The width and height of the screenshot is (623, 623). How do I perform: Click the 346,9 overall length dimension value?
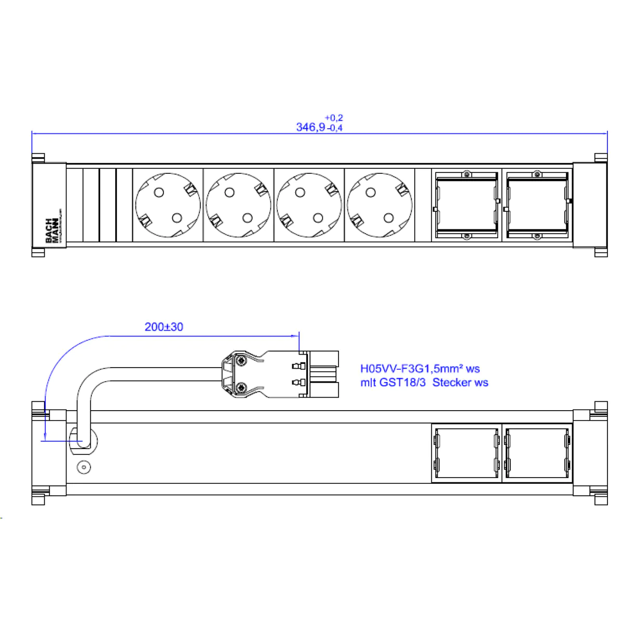coord(310,127)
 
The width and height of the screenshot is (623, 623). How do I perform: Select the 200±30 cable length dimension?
coord(164,327)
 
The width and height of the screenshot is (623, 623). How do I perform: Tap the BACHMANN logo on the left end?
coord(52,230)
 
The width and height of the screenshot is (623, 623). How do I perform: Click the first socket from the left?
coord(168,205)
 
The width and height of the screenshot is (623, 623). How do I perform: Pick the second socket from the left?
coord(238,205)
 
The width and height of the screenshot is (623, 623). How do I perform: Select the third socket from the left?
coord(309,205)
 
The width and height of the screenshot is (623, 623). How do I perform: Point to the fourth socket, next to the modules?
coord(380,205)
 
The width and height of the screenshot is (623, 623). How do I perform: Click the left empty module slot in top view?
coord(466,205)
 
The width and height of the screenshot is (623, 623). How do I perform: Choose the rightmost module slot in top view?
coord(537,205)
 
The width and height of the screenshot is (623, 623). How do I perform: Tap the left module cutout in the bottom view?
coord(466,454)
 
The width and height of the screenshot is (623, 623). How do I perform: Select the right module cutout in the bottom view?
coord(537,454)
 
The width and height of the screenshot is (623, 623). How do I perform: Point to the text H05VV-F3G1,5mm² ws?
coord(420,369)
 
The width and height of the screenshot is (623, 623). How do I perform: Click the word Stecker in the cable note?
coord(453,383)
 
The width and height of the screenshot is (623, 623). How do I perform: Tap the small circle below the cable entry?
coord(84,467)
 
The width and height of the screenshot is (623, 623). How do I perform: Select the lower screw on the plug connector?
coord(240,388)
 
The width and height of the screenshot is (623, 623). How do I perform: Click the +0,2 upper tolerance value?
coord(334,118)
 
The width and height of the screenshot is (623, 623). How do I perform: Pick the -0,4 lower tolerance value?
coord(335,128)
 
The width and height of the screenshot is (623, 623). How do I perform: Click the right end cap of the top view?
coord(590,205)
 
